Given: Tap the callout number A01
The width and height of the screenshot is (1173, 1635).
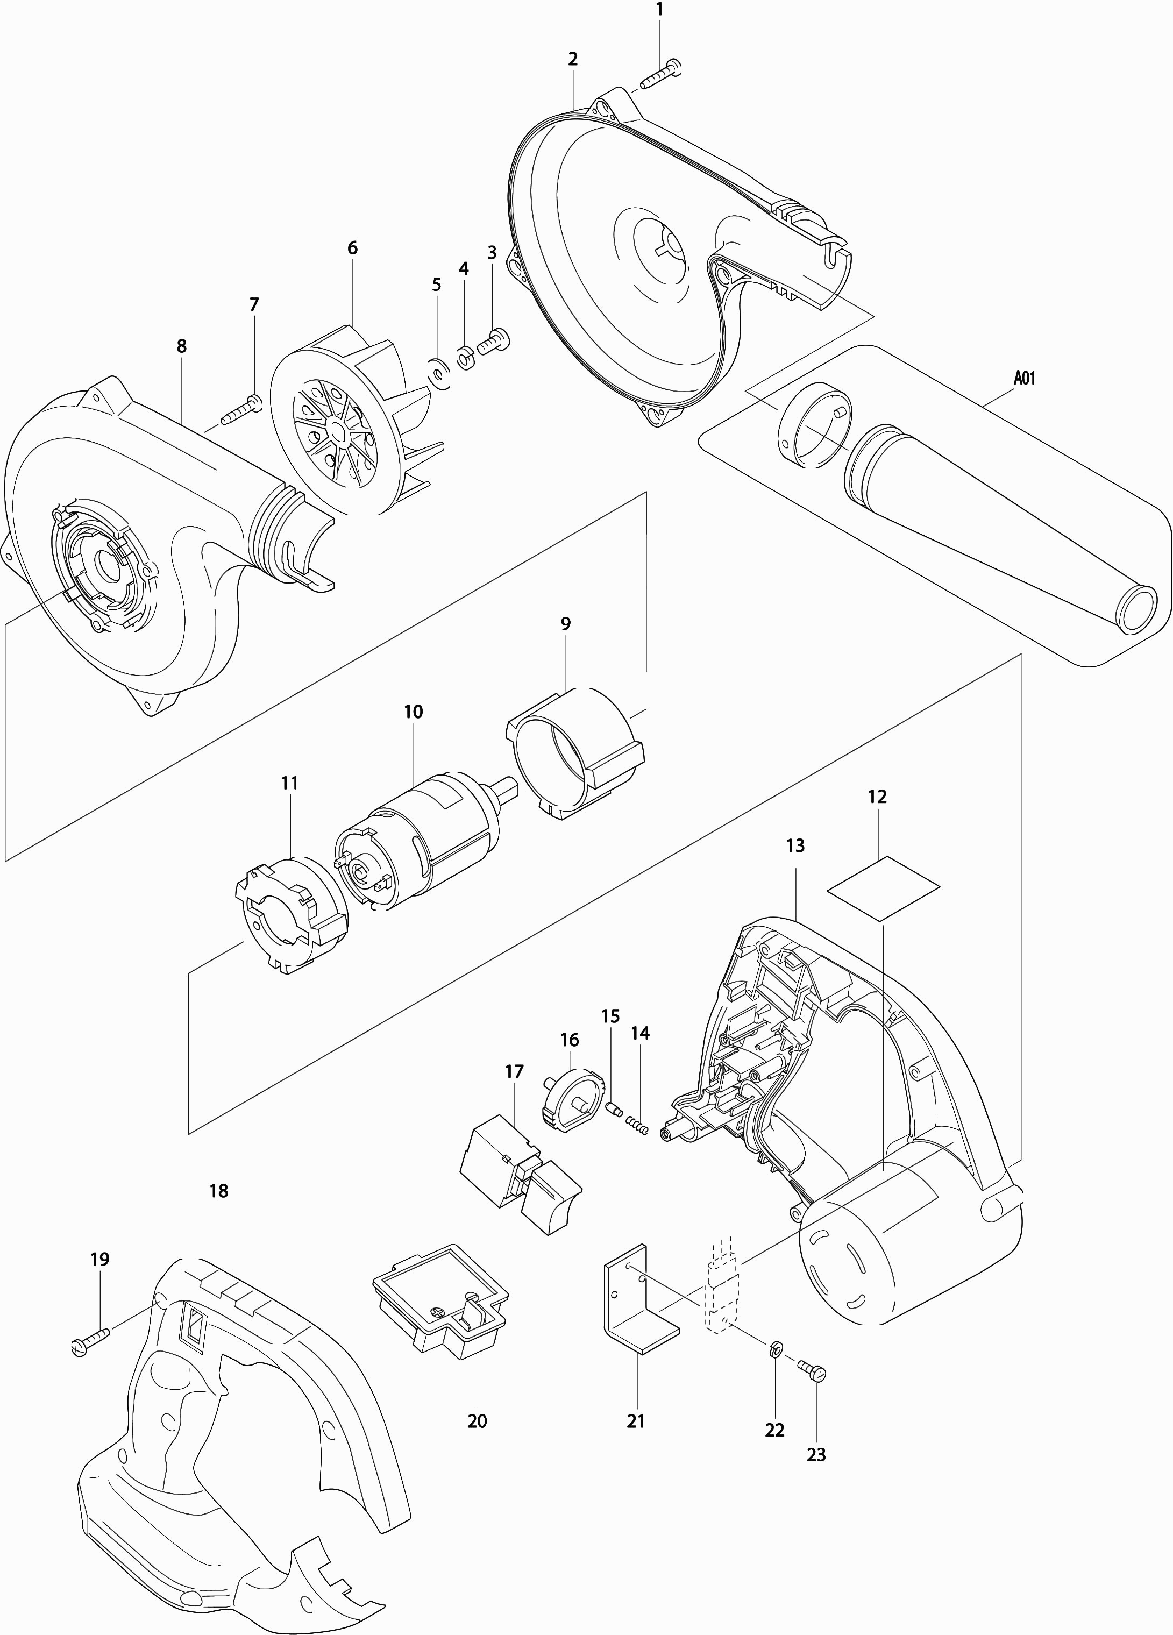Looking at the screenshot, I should tap(1024, 378).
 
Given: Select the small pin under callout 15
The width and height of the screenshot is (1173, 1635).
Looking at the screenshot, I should tap(614, 1109).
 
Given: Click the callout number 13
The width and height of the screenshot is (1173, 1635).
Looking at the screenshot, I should tap(795, 845).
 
